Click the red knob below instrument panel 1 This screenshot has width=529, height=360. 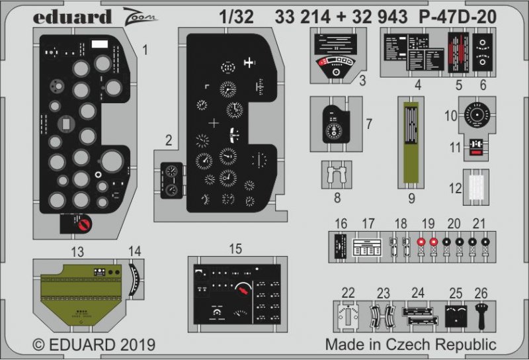[x=83, y=226]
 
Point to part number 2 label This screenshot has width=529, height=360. [x=169, y=140]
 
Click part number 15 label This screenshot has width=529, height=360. [x=235, y=249]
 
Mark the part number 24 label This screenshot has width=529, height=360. [x=417, y=292]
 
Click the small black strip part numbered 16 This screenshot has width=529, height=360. [x=341, y=249]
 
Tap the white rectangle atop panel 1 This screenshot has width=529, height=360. [x=101, y=46]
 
